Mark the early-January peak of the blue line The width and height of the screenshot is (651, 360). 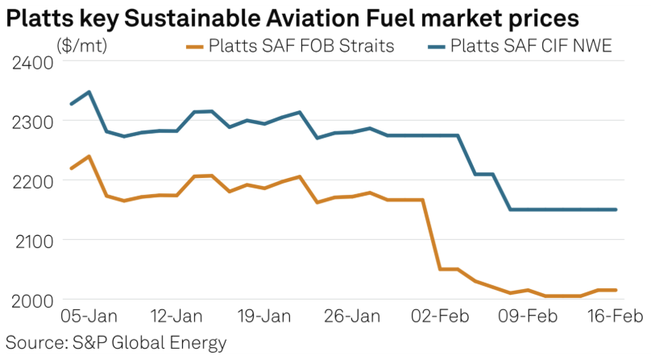point(89,92)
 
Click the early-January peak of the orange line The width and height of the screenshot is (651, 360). point(89,156)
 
